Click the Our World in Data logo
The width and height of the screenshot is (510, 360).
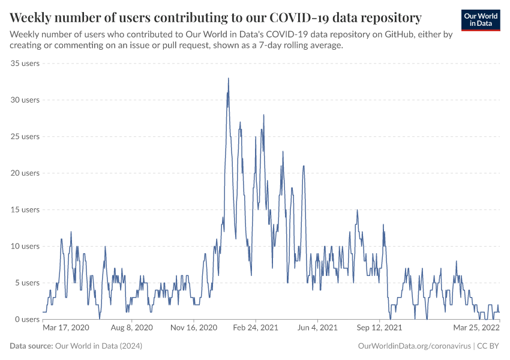(481, 20)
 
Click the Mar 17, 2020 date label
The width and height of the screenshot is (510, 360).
(66, 328)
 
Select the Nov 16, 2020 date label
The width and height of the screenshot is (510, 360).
(193, 328)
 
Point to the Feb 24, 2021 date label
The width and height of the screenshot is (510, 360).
(256, 328)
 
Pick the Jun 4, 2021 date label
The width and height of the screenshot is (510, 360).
(318, 328)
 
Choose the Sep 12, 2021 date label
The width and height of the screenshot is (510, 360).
(379, 328)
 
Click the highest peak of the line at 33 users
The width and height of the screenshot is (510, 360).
(228, 78)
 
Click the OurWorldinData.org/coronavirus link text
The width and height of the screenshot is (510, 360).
(413, 346)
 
